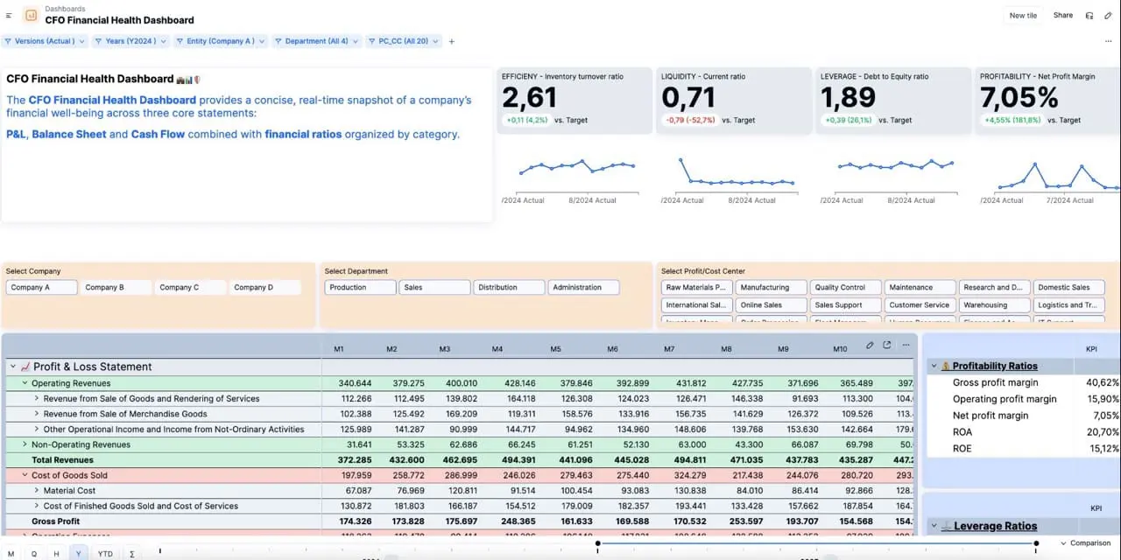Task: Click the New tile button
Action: pos(1023,15)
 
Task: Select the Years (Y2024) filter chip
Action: pos(129,41)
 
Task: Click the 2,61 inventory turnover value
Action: pos(530,97)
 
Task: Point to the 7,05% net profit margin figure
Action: pos(1019,97)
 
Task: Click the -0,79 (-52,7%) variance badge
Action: pos(690,120)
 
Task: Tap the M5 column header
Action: pos(555,349)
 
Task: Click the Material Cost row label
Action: pos(69,491)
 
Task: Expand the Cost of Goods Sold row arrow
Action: pos(24,475)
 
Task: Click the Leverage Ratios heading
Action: pos(994,526)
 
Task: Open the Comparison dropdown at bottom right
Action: pos(1085,543)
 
